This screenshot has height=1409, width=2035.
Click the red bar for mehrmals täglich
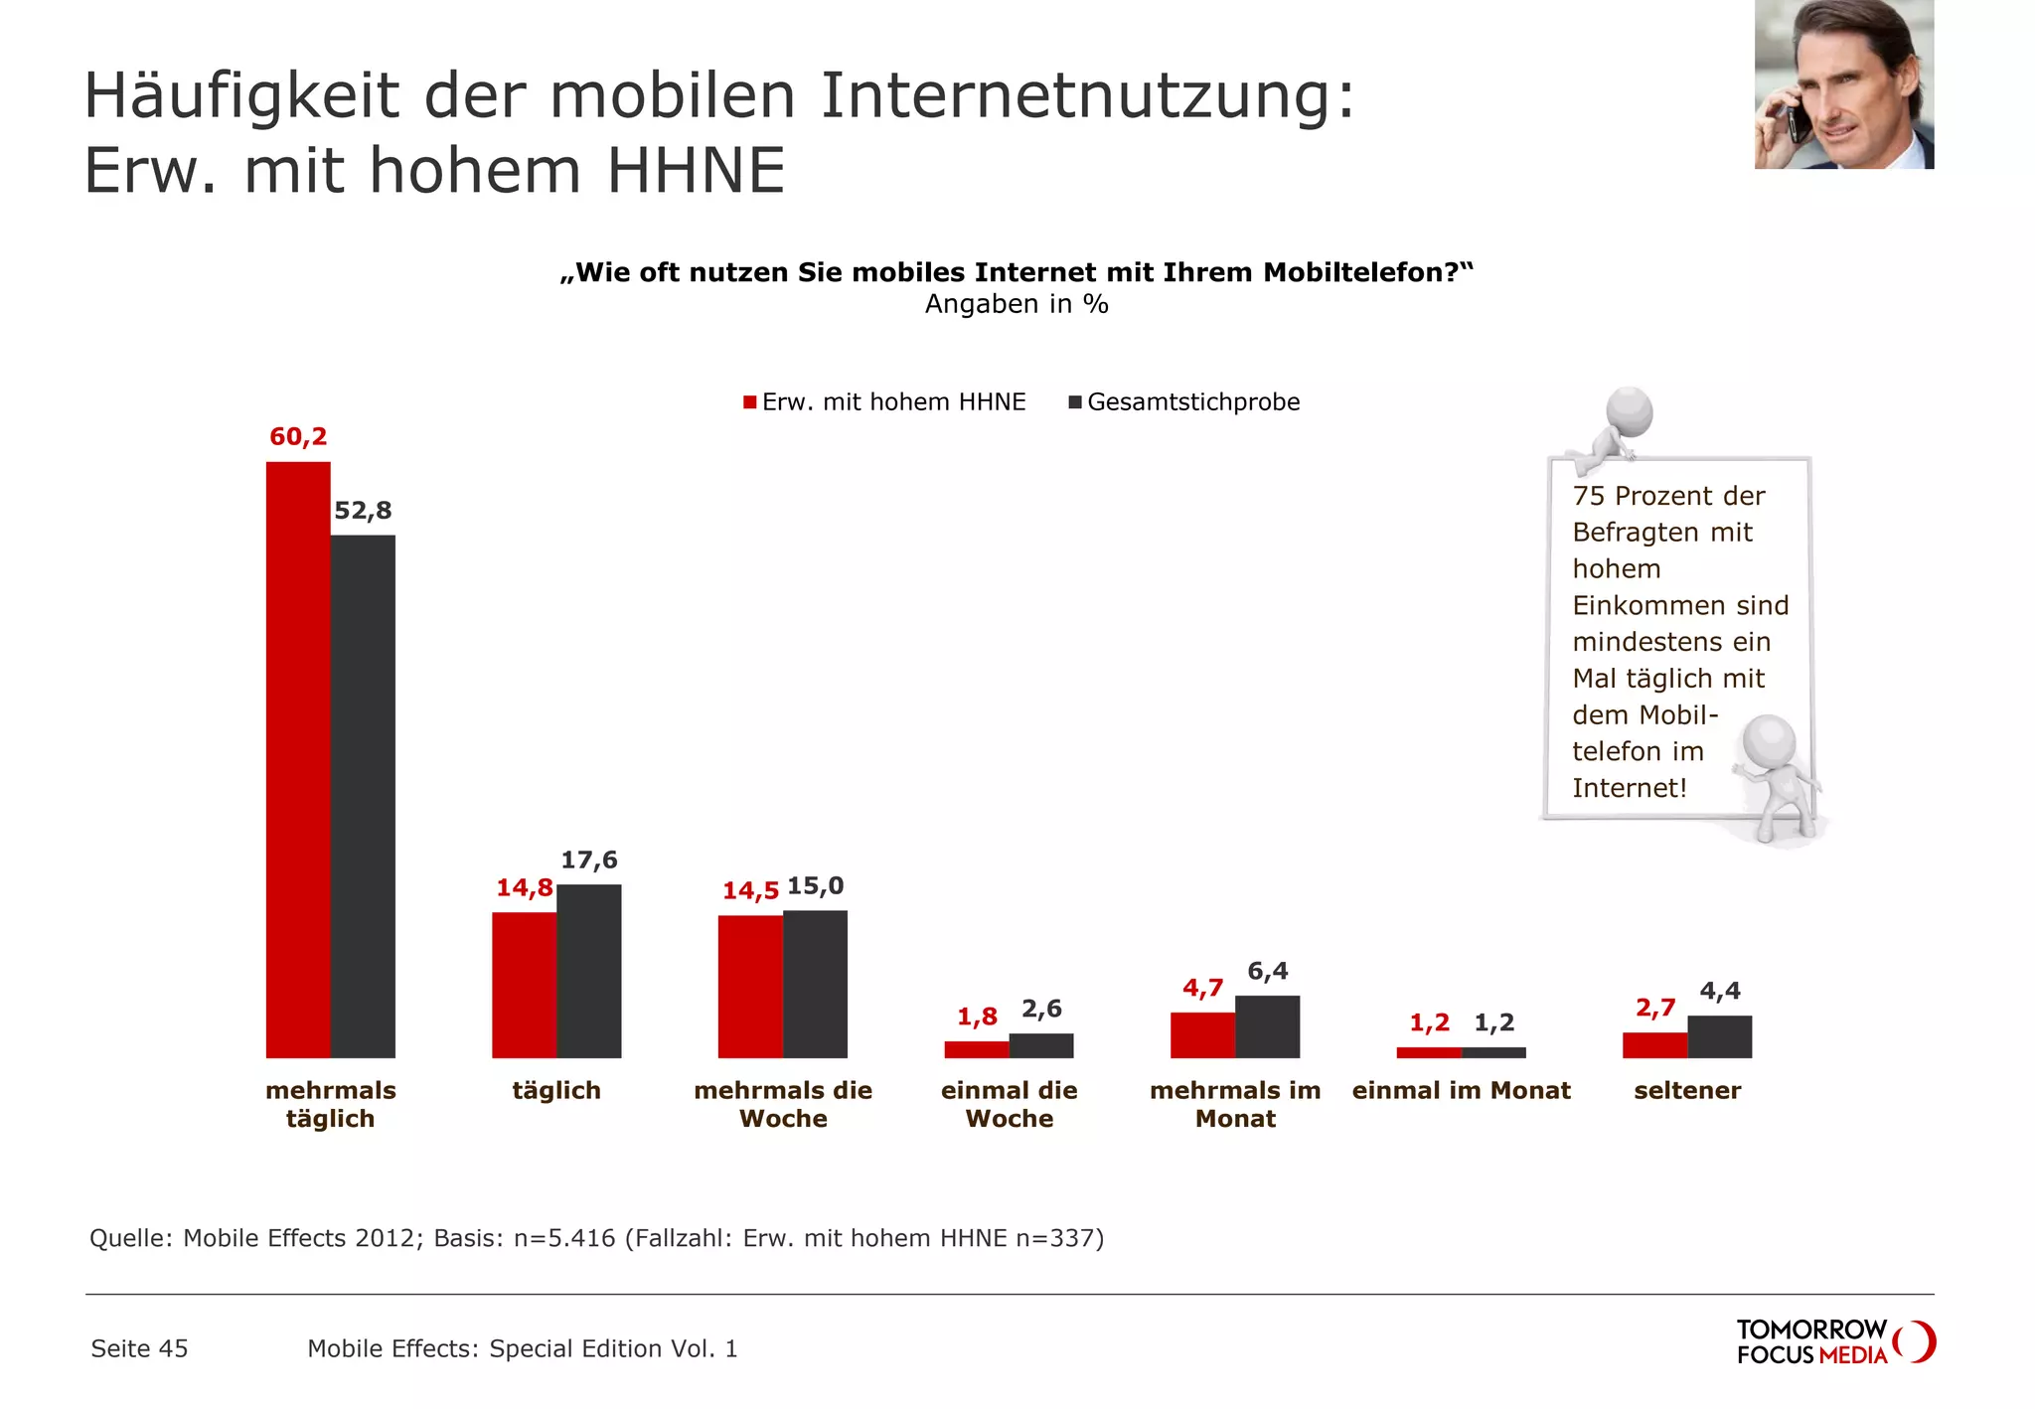point(298,760)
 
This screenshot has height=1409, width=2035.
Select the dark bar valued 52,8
point(363,795)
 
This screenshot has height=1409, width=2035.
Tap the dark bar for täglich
point(588,971)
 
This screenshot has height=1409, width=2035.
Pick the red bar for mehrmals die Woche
point(750,986)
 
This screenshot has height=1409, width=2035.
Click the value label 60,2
point(298,436)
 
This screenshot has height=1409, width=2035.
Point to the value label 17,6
point(588,860)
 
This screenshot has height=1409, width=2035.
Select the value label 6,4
point(1267,971)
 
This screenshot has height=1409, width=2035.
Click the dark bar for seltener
point(1719,1036)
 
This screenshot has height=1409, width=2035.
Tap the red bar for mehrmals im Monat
point(1202,1034)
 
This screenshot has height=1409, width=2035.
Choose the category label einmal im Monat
point(1461,1090)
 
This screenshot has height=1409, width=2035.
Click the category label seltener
point(1687,1090)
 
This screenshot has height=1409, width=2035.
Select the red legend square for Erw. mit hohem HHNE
point(750,402)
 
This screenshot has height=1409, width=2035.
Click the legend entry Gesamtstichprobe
point(1192,402)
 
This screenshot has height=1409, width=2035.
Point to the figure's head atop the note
point(1630,409)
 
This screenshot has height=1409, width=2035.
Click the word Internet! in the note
point(1630,788)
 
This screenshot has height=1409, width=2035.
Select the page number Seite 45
point(139,1348)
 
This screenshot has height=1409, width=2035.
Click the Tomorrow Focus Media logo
point(1833,1341)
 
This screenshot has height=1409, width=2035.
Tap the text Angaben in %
point(1017,304)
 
